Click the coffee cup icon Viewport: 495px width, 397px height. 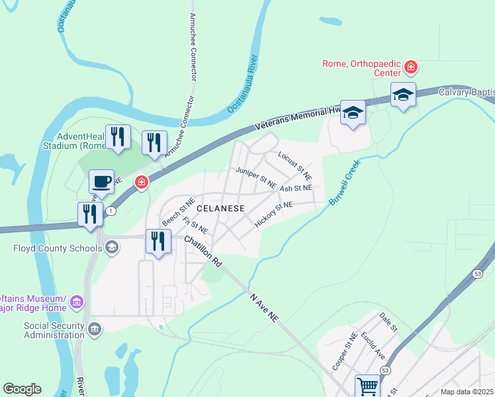[101, 181]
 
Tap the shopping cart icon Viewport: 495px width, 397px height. [367, 385]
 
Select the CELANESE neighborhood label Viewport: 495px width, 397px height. [220, 208]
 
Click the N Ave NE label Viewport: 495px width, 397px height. [265, 307]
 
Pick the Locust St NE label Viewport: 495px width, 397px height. [295, 165]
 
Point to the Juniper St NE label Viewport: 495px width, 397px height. [256, 178]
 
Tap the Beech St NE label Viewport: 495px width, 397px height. [178, 210]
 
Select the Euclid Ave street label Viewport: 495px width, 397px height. [373, 345]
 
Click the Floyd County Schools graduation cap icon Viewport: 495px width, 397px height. [112, 248]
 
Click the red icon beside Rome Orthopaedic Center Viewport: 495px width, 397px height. [411, 67]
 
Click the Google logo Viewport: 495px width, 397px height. [22, 388]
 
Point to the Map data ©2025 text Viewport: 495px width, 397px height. [467, 392]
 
